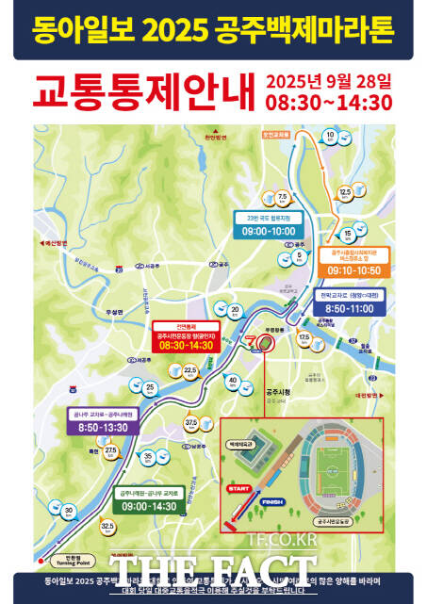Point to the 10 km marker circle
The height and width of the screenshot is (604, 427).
[x=330, y=138]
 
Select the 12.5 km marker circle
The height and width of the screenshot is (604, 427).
[x=345, y=192]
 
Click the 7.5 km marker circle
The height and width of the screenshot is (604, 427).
[x=283, y=197]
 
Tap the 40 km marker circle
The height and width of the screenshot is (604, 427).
[x=232, y=382]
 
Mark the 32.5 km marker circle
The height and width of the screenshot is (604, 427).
[x=107, y=527]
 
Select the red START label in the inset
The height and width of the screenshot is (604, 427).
[x=238, y=487]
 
